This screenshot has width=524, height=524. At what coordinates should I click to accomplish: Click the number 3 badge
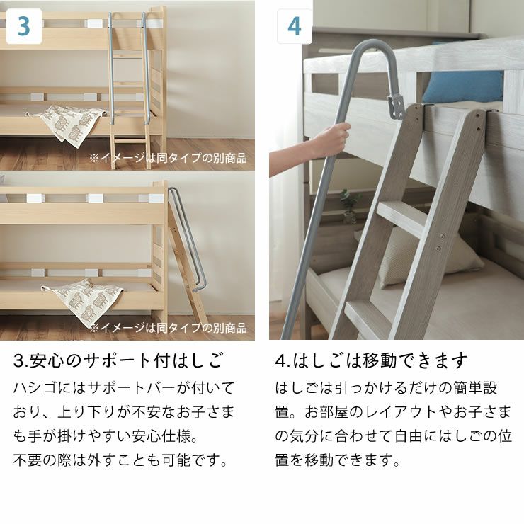[23, 26]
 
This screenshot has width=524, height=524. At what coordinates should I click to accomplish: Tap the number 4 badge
[294, 27]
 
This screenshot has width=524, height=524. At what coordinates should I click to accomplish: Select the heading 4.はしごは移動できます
[371, 360]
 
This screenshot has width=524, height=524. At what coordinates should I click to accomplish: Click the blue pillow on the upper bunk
[464, 86]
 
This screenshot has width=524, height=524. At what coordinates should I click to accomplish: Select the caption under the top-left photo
[168, 158]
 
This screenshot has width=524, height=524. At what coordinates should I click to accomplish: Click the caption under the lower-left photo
[168, 328]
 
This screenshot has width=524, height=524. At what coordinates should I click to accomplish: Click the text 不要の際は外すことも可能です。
[121, 460]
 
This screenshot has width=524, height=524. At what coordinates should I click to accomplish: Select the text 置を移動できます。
[337, 460]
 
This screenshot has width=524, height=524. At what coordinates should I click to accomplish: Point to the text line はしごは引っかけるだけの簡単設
[386, 388]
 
